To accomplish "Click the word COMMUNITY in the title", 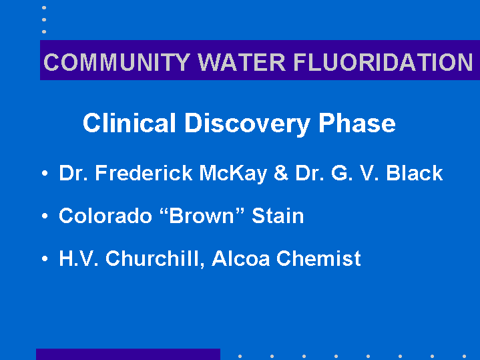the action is (117, 62).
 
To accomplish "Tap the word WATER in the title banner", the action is (242, 62).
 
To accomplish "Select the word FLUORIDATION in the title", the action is (383, 62).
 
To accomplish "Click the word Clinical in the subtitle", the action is (130, 123).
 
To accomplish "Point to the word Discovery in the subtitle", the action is (248, 125).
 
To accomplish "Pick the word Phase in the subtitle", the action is (357, 123).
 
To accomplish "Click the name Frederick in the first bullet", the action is (144, 173).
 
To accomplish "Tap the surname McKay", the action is (233, 174).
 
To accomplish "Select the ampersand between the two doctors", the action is (281, 173).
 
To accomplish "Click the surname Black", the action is (415, 173).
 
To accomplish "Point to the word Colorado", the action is (105, 216).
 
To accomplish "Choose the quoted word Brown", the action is (202, 216).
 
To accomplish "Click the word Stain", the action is (278, 216).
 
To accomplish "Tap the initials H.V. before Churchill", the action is (79, 258).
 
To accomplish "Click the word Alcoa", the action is (240, 258).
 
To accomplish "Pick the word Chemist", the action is (318, 258).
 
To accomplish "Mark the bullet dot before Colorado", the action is (45, 216).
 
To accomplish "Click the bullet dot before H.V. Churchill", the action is (45, 258).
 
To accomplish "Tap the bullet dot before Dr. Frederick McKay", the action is (45, 174).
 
